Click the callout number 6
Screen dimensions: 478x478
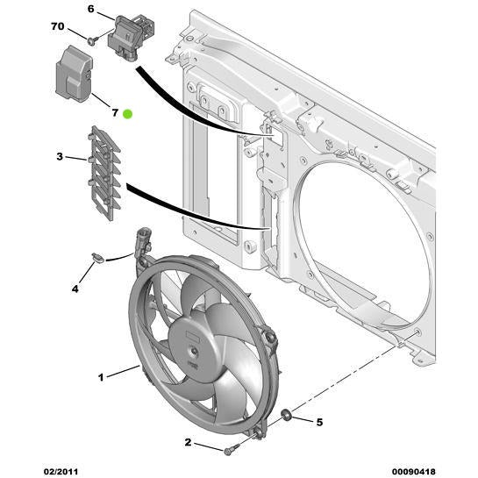pos(89,10)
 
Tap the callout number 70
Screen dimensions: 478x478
pos(57,27)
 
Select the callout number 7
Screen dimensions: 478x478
pos(113,112)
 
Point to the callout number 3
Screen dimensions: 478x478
pos(60,157)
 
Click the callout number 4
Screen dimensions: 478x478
pos(75,288)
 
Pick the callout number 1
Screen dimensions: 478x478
pos(101,378)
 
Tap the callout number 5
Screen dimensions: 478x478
pos(319,422)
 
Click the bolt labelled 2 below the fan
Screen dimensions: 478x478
pos(229,450)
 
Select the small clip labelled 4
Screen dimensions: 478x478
pos(97,257)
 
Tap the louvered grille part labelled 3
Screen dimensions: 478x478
pos(103,173)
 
